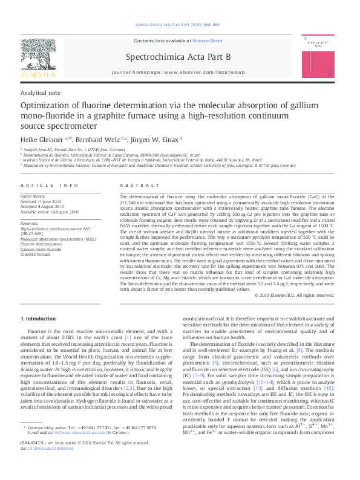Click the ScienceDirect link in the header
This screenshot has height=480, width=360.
tap(208, 41)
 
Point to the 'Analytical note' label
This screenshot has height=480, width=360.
tap(41, 93)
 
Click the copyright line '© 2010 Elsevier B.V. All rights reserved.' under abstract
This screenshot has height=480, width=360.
tap(294, 295)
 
